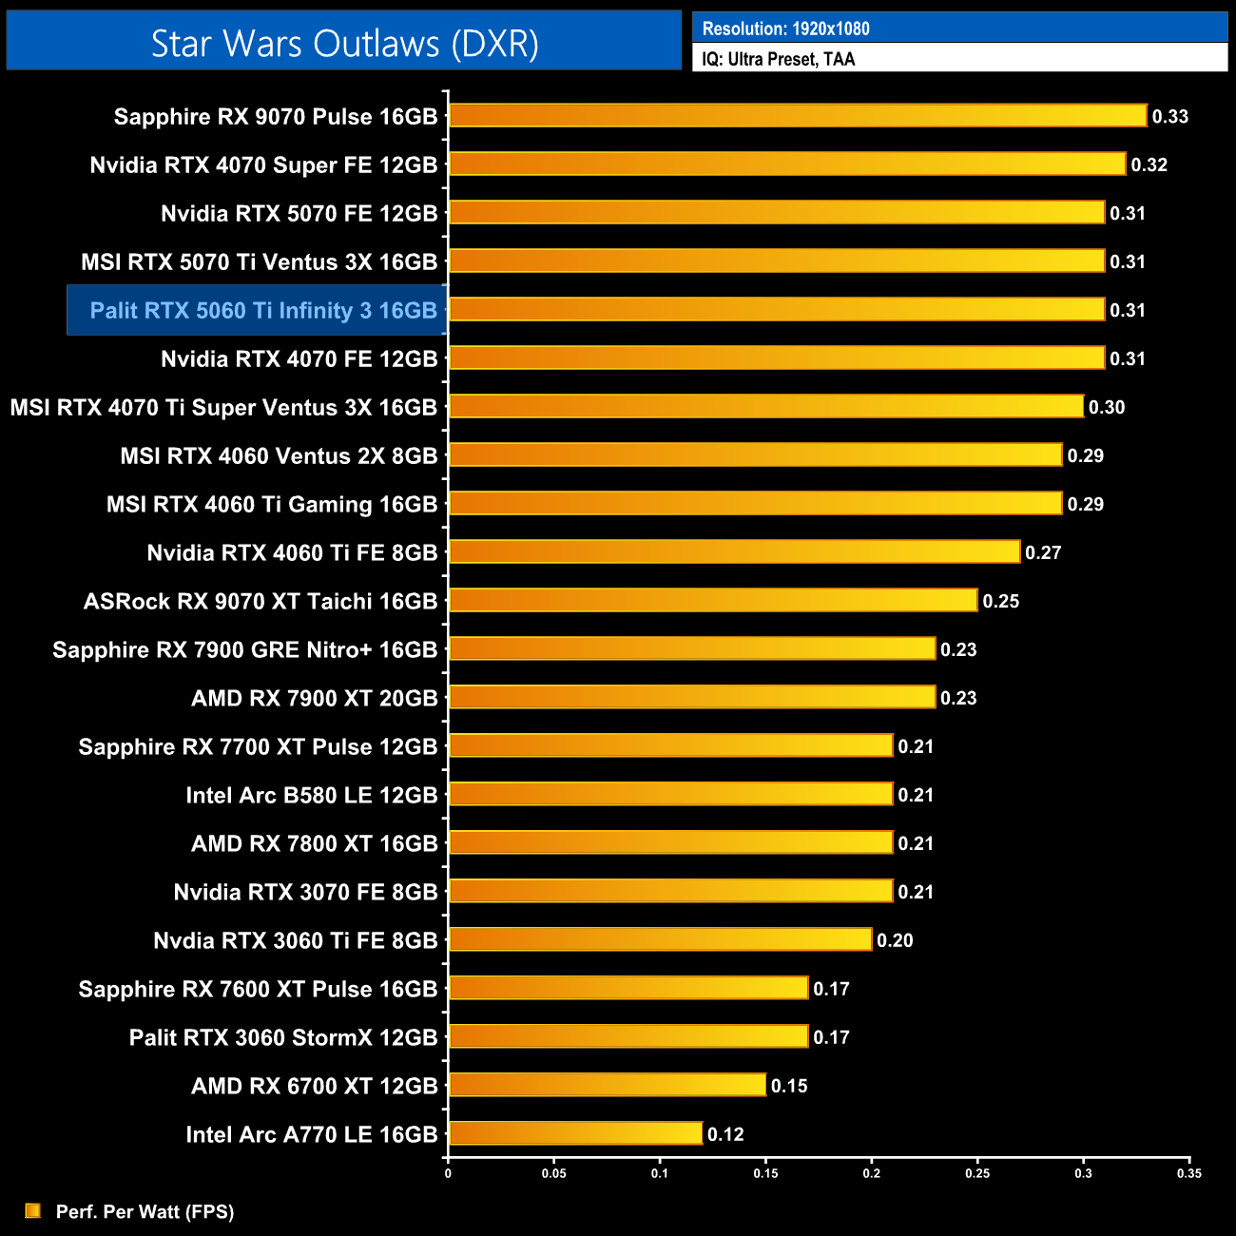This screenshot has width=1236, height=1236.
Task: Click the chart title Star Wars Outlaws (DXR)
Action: [344, 44]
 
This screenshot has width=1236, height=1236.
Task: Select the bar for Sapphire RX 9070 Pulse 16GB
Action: [797, 116]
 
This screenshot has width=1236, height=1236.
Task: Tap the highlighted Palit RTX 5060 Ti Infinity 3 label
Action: [263, 311]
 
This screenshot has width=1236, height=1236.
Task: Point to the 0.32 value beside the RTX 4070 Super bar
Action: [1149, 165]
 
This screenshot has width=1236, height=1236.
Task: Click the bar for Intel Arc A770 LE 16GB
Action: [574, 1133]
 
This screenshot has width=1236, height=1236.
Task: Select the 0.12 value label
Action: [725, 1134]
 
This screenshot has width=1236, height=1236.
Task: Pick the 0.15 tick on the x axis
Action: [765, 1173]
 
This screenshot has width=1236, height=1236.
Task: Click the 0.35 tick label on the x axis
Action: [1188, 1173]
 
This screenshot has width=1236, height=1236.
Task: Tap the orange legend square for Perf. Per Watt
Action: [33, 1210]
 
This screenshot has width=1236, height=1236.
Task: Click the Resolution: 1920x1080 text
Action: [785, 29]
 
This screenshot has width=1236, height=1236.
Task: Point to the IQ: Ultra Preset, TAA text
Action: [778, 59]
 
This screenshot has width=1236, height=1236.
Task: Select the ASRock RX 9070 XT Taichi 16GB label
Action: [261, 602]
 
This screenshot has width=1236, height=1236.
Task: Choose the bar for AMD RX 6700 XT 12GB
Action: [607, 1085]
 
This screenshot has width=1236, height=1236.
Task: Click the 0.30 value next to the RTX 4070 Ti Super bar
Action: [1107, 408]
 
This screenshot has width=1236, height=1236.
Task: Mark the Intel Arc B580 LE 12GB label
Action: [312, 796]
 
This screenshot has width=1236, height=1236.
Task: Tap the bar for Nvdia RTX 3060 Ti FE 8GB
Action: [660, 939]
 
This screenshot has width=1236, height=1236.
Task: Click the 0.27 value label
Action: [1043, 553]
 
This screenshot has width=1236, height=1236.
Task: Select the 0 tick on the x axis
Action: [448, 1173]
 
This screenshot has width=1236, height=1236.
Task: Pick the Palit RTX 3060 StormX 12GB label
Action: [283, 1038]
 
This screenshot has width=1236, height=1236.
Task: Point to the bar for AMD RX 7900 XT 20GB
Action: [691, 697]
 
